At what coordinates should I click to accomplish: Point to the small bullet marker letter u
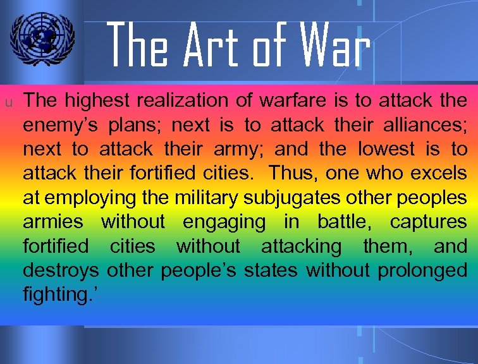[9, 101]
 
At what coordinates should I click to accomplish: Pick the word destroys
[61, 270]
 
